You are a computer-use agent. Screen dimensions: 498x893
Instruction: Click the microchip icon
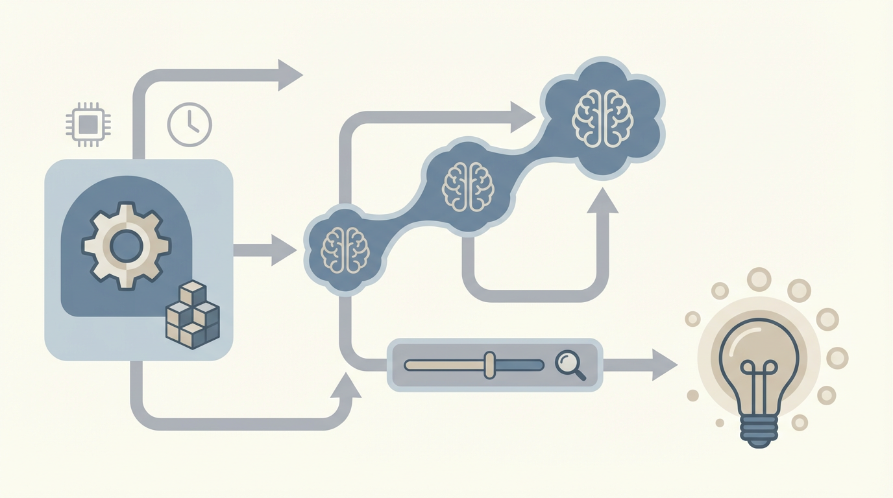coord(88,123)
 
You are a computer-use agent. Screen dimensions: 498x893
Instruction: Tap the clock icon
coord(190,124)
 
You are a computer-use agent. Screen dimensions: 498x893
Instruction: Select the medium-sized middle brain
coord(468,185)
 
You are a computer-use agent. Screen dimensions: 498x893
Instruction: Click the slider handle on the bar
coord(489,365)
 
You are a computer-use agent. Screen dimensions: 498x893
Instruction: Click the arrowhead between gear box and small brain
coord(284,250)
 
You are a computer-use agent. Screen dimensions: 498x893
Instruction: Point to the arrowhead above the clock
coord(289,75)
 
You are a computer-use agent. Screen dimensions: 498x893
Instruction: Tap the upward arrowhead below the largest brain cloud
coord(603,200)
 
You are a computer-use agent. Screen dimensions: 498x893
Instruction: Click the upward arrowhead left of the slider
coord(345,388)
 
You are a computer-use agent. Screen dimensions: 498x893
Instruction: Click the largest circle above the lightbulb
coord(758,279)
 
